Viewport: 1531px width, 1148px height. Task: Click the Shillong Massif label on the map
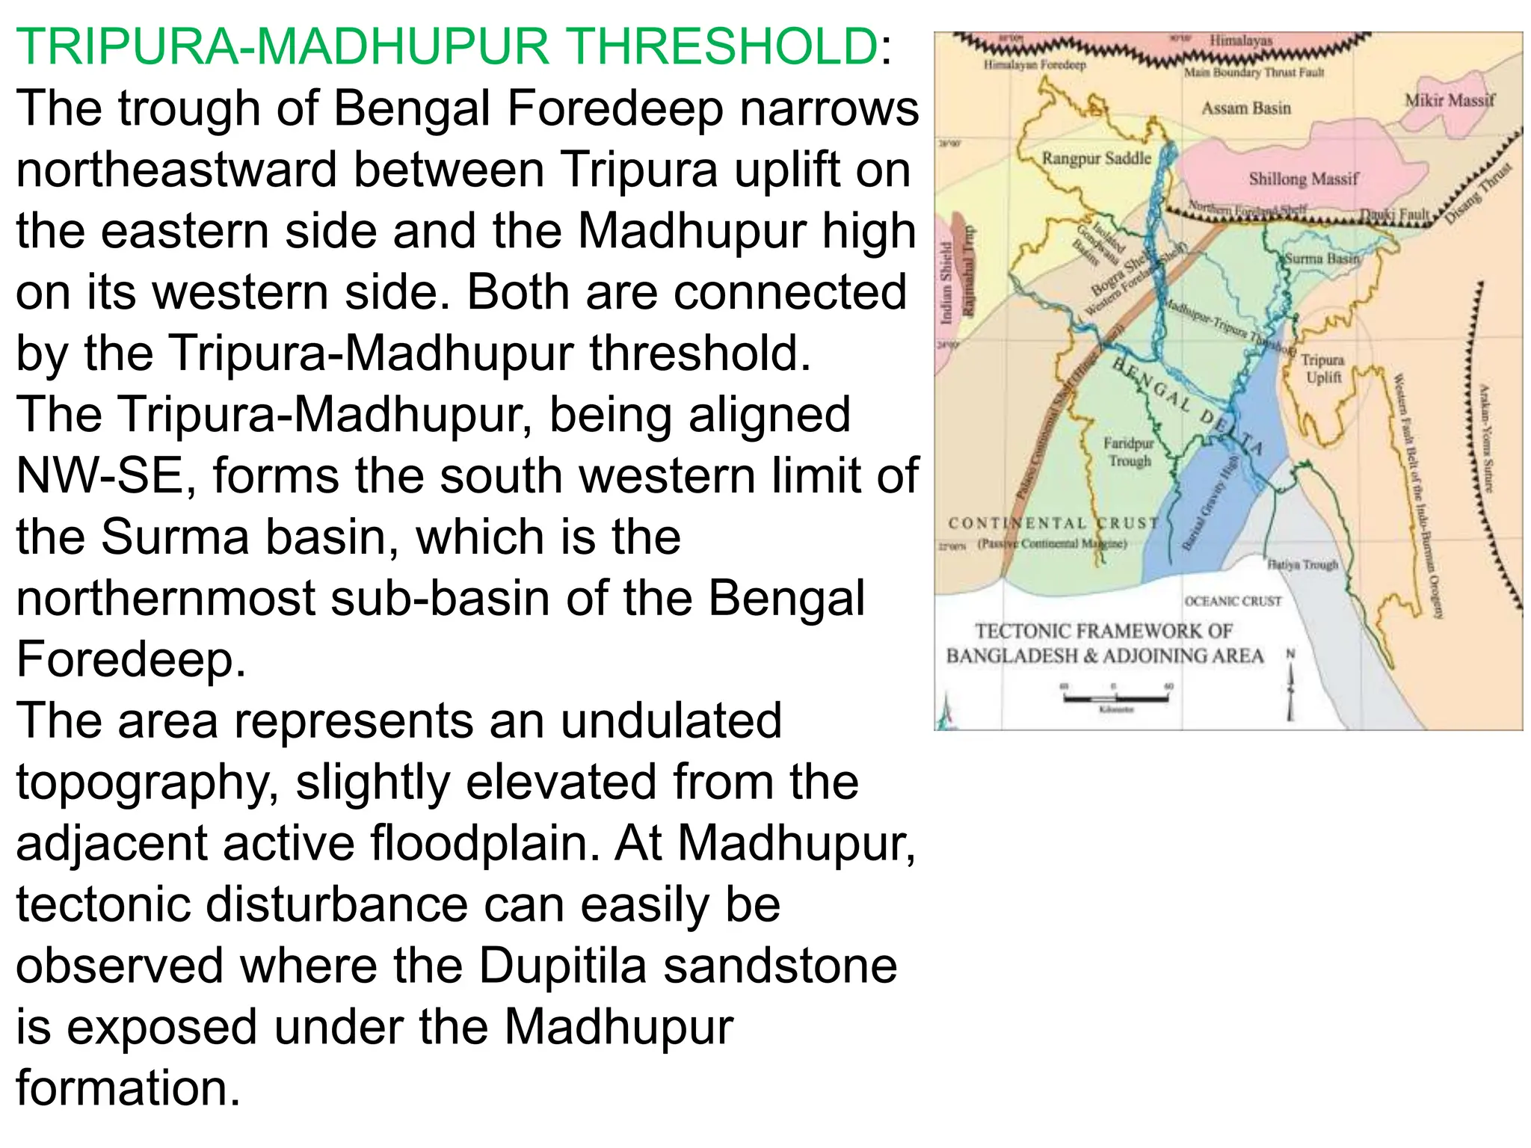pos(1303,179)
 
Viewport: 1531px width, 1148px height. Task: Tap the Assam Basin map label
pos(1246,108)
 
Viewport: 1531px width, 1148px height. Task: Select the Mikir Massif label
pos(1450,100)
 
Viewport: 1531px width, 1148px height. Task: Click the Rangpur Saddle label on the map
pos(1096,158)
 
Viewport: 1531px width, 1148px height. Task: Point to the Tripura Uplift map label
pos(1322,368)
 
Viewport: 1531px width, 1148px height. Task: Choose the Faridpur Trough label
pos(1129,452)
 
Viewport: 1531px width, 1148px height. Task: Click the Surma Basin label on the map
pos(1322,259)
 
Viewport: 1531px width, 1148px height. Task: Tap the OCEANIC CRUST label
pos(1233,601)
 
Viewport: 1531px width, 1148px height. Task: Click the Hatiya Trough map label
pos(1302,564)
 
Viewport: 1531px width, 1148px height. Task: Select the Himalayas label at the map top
pos(1241,40)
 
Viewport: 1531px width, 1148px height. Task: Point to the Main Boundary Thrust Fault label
pos(1254,72)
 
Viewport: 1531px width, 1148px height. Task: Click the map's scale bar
pos(1116,698)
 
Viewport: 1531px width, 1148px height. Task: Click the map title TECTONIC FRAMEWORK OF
pos(1103,632)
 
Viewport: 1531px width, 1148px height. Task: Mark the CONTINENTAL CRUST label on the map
pos(1053,523)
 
